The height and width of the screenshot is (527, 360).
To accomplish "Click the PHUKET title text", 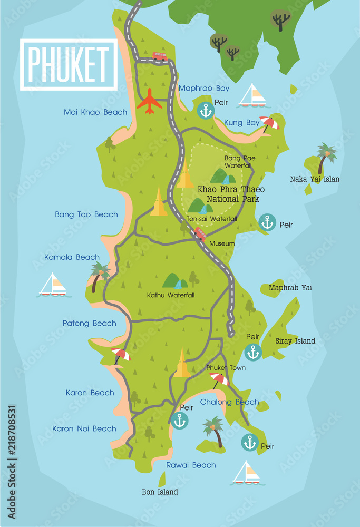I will point(69,64).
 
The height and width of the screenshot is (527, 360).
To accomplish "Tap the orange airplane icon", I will point(150,101).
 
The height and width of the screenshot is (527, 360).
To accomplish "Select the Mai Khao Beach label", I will point(95,112).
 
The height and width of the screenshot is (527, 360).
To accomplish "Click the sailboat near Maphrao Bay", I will point(252,96).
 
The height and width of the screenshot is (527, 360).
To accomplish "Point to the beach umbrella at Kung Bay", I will point(269,123).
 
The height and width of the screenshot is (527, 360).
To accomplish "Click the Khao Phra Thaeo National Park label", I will point(231,194).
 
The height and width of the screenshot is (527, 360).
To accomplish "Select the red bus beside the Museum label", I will point(200,233).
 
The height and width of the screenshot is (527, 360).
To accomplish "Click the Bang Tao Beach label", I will point(86,214).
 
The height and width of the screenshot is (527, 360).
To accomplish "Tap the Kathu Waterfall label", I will point(171,295).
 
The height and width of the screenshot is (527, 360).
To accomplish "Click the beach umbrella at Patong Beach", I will point(121,355).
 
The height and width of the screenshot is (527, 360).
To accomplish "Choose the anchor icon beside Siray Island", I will point(253,352).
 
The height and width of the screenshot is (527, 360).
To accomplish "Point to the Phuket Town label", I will point(226,368).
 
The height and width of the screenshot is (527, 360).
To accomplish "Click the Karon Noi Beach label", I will point(84,429).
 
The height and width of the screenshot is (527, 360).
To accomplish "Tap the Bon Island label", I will point(160,492).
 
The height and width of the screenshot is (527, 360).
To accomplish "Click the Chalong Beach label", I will point(229,402).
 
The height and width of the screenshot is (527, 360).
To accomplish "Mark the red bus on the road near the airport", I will point(159,55).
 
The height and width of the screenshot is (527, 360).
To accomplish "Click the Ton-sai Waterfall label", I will point(212,219).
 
